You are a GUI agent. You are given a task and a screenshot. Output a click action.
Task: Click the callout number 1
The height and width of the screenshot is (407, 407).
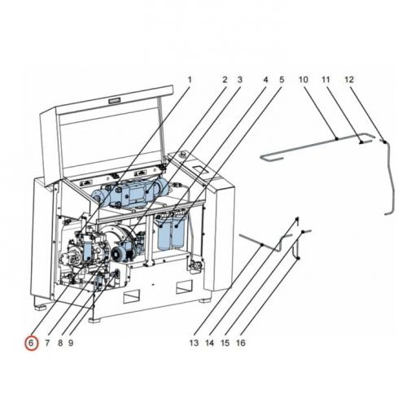(x=190, y=80)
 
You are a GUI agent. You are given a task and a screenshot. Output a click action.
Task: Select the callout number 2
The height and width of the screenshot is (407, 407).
(x=225, y=80)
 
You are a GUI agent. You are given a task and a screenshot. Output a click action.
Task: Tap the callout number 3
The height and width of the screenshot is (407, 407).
(x=240, y=80)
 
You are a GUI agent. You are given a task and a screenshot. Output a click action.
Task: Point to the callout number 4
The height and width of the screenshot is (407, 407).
(x=265, y=80)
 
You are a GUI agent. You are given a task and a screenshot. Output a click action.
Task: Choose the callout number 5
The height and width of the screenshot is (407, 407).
(x=282, y=80)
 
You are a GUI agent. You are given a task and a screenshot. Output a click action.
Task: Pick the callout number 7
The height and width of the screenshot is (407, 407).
(x=47, y=343)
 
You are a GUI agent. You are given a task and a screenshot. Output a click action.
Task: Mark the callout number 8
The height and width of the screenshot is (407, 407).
(x=60, y=343)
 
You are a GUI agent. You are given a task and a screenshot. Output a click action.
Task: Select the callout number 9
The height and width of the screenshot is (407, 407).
(x=72, y=343)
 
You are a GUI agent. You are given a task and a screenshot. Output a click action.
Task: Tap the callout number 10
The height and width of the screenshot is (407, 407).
(x=303, y=80)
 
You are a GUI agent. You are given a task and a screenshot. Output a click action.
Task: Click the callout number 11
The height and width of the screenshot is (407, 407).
(x=325, y=80)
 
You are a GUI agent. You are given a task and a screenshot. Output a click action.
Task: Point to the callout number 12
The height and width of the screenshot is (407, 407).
(x=348, y=80)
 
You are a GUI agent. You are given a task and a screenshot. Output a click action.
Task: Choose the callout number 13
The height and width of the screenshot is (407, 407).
(x=194, y=343)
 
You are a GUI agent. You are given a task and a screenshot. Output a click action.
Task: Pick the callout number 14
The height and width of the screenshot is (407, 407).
(x=210, y=343)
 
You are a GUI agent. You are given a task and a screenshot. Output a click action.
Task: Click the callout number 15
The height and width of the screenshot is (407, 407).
(x=225, y=343)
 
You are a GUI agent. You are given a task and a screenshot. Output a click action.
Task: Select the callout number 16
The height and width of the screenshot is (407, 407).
(x=241, y=343)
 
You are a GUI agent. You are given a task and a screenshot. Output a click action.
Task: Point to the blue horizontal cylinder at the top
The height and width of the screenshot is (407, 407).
(x=130, y=195)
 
